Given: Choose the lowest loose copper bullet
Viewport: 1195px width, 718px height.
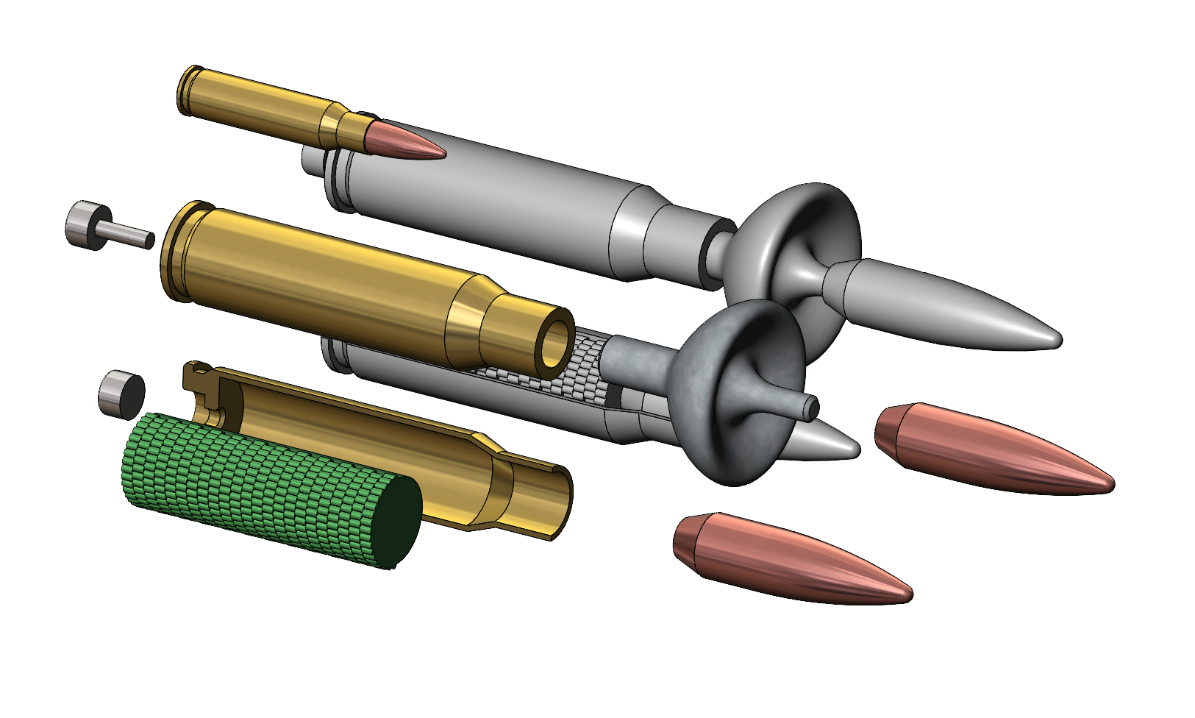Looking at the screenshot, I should click(787, 559).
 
